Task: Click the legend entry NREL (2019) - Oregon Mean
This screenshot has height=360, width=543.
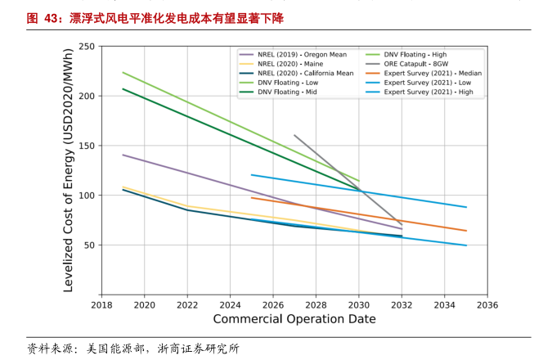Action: pyautogui.click(x=303, y=55)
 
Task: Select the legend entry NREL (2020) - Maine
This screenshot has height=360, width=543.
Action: pyautogui.click(x=290, y=64)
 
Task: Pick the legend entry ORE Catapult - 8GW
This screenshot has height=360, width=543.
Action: pyautogui.click(x=416, y=64)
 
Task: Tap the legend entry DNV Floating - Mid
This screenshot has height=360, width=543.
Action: pyautogui.click(x=286, y=92)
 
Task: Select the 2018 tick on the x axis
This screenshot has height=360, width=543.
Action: pyautogui.click(x=101, y=305)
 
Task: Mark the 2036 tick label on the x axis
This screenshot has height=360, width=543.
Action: pyautogui.click(x=487, y=305)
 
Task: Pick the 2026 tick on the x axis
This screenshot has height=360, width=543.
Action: pyautogui.click(x=273, y=305)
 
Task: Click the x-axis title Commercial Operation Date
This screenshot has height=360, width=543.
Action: pyautogui.click(x=294, y=319)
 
